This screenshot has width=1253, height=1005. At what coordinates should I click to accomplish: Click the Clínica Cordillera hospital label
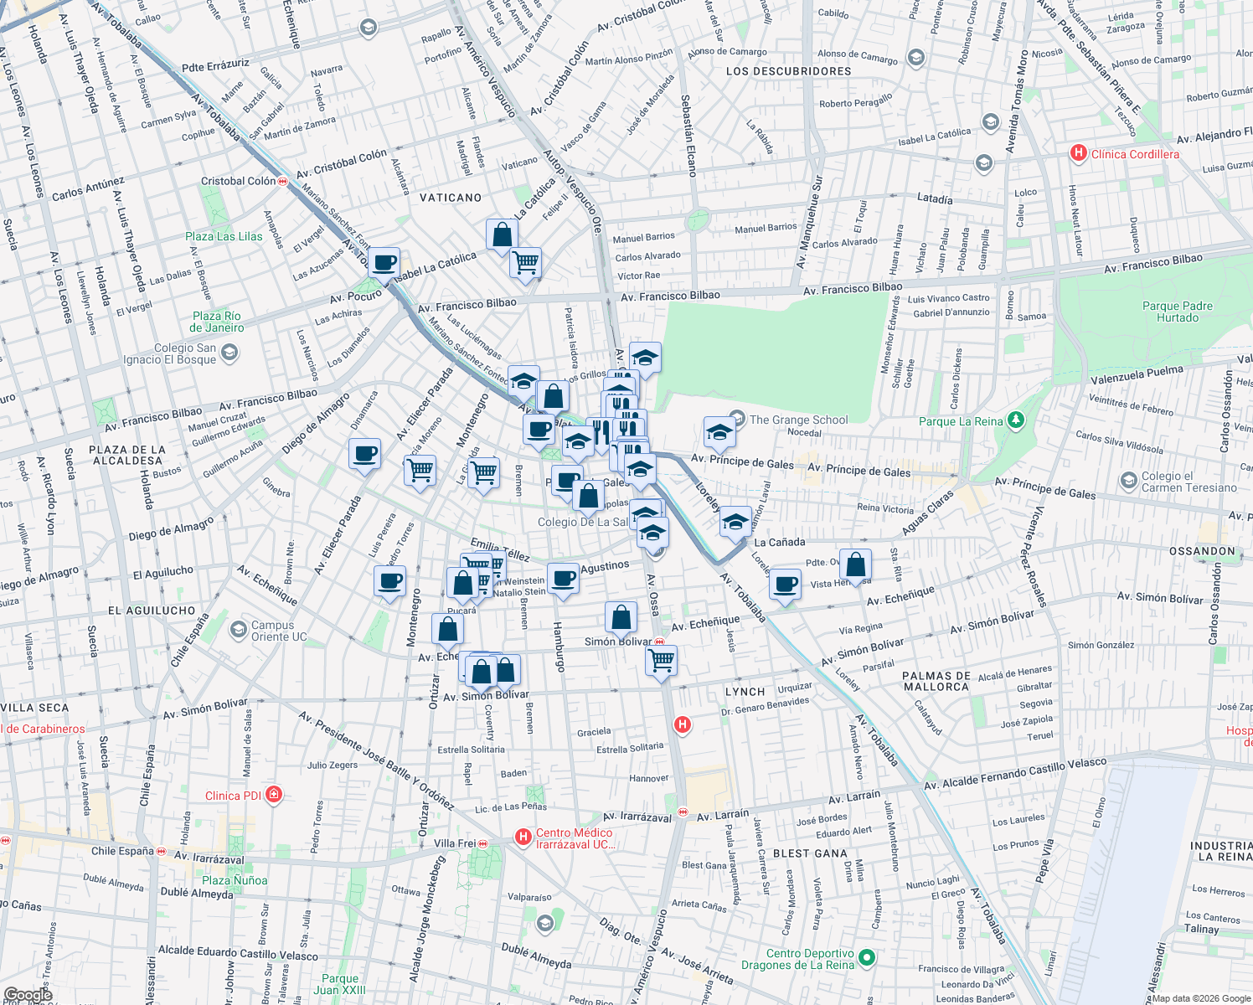(1134, 154)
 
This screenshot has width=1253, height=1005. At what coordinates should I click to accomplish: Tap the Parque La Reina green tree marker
(1016, 420)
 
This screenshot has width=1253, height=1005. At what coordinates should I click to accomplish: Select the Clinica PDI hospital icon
(274, 795)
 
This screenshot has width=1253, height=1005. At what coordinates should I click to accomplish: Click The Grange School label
(798, 420)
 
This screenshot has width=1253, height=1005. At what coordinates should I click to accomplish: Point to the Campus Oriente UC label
(272, 631)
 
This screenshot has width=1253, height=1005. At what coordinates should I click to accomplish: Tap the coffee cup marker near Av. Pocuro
(384, 263)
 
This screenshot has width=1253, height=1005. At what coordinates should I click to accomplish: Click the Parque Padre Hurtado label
(1177, 312)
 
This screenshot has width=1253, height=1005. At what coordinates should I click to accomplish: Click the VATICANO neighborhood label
(451, 198)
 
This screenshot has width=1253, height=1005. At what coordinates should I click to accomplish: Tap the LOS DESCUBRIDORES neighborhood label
(789, 71)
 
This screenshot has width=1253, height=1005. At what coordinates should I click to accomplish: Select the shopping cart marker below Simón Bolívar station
(662, 660)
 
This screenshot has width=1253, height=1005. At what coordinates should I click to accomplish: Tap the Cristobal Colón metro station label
(238, 181)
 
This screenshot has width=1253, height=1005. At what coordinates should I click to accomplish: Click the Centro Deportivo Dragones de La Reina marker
(867, 956)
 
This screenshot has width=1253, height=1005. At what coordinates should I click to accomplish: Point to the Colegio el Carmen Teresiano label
(1189, 482)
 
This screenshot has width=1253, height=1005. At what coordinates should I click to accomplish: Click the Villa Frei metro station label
(455, 843)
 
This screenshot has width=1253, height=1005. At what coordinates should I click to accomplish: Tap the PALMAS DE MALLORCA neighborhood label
(936, 681)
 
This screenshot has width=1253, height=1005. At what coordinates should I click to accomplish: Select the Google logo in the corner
(28, 995)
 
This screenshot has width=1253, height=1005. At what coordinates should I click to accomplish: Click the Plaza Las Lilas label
(224, 237)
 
